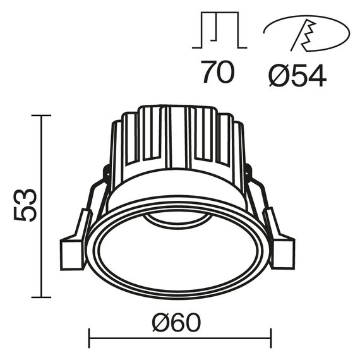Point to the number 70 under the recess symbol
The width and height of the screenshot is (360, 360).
click(218, 73)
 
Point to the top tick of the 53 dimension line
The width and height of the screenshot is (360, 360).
click(42, 116)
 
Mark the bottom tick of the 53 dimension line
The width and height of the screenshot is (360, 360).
click(42, 297)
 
